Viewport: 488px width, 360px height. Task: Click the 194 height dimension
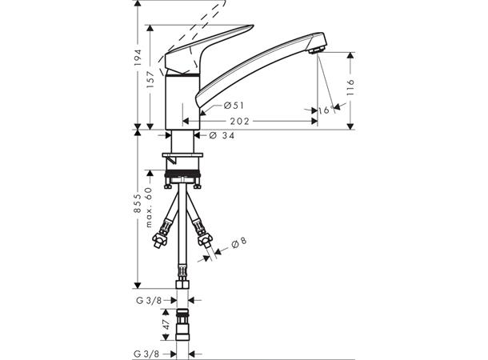click(138, 58)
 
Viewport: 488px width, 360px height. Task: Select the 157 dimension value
click(150, 80)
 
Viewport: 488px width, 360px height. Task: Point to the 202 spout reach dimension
click(240, 121)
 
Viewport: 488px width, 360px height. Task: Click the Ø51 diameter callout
click(234, 106)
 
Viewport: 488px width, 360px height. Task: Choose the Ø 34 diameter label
click(222, 135)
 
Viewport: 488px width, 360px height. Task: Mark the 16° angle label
click(326, 110)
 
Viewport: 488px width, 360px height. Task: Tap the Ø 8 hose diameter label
click(239, 242)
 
